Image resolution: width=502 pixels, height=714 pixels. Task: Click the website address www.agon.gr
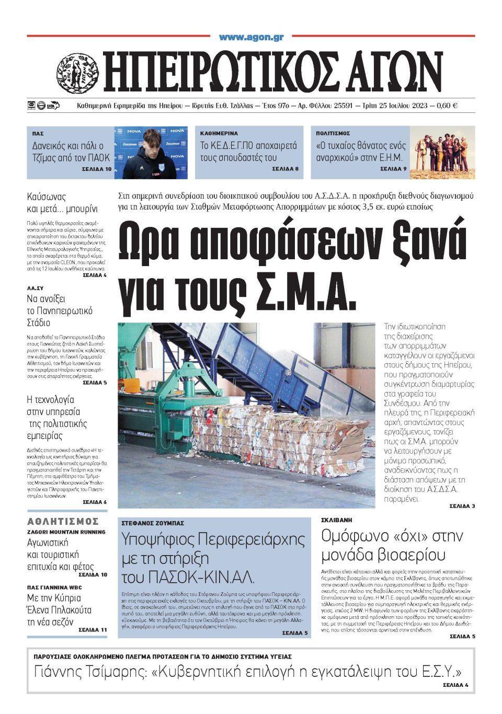pyautogui.click(x=251, y=37)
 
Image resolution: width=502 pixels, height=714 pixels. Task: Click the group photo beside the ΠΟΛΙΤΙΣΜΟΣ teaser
pyautogui.click(x=442, y=152)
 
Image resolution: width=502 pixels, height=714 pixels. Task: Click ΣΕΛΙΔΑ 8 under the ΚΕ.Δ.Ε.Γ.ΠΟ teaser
pyautogui.click(x=285, y=169)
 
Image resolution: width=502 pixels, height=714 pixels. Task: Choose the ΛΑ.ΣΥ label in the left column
pyautogui.click(x=36, y=288)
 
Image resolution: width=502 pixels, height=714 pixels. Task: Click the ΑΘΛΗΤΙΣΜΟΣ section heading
pyautogui.click(x=63, y=521)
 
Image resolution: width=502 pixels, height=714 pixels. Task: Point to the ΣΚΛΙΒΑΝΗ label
pyautogui.click(x=337, y=520)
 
